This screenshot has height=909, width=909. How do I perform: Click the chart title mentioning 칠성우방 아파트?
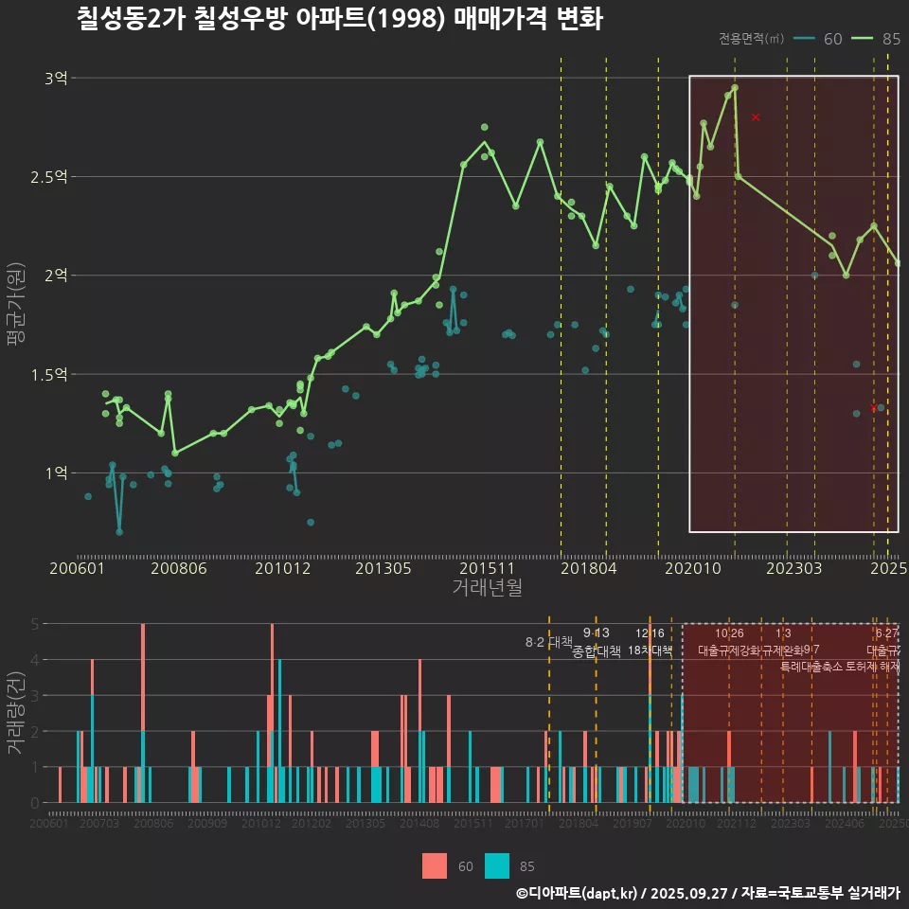pos(339,19)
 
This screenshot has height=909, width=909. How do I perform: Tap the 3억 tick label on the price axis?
pos(55,79)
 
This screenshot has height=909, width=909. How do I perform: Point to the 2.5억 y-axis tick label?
pos(49,176)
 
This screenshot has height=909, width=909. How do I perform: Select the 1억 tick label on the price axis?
pos(55,472)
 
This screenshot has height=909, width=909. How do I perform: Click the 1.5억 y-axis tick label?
pos(49,374)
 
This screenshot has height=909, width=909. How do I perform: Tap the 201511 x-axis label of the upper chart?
pos(486,569)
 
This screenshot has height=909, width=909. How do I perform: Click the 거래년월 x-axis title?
pos(487,588)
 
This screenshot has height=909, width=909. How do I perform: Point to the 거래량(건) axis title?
pos(14,712)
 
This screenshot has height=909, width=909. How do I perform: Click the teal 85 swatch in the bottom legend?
pos(496,865)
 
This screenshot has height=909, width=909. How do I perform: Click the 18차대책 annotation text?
pos(650,651)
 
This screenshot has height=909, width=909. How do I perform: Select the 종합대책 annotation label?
pos(597,651)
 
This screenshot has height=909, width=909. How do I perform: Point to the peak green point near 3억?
pos(735,88)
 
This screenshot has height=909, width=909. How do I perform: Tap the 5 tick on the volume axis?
pos(35,624)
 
